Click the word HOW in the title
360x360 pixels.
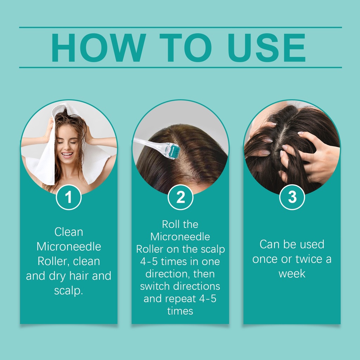pyautogui.click(x=99, y=47)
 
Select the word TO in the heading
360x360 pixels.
pyautogui.click(x=186, y=47)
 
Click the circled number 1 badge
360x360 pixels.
pyautogui.click(x=69, y=197)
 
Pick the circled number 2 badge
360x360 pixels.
pyautogui.click(x=180, y=197)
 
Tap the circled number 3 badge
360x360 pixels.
pyautogui.click(x=292, y=197)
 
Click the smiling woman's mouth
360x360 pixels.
pyautogui.click(x=67, y=155)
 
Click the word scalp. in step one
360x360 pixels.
pyautogui.click(x=69, y=290)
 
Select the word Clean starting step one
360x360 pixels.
pyautogui.click(x=69, y=232)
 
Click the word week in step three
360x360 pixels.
pyautogui.click(x=292, y=274)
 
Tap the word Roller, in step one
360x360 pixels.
pyautogui.click(x=53, y=261)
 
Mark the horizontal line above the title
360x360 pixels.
pyautogui.click(x=180, y=27)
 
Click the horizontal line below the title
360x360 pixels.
pyautogui.click(x=180, y=67)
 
